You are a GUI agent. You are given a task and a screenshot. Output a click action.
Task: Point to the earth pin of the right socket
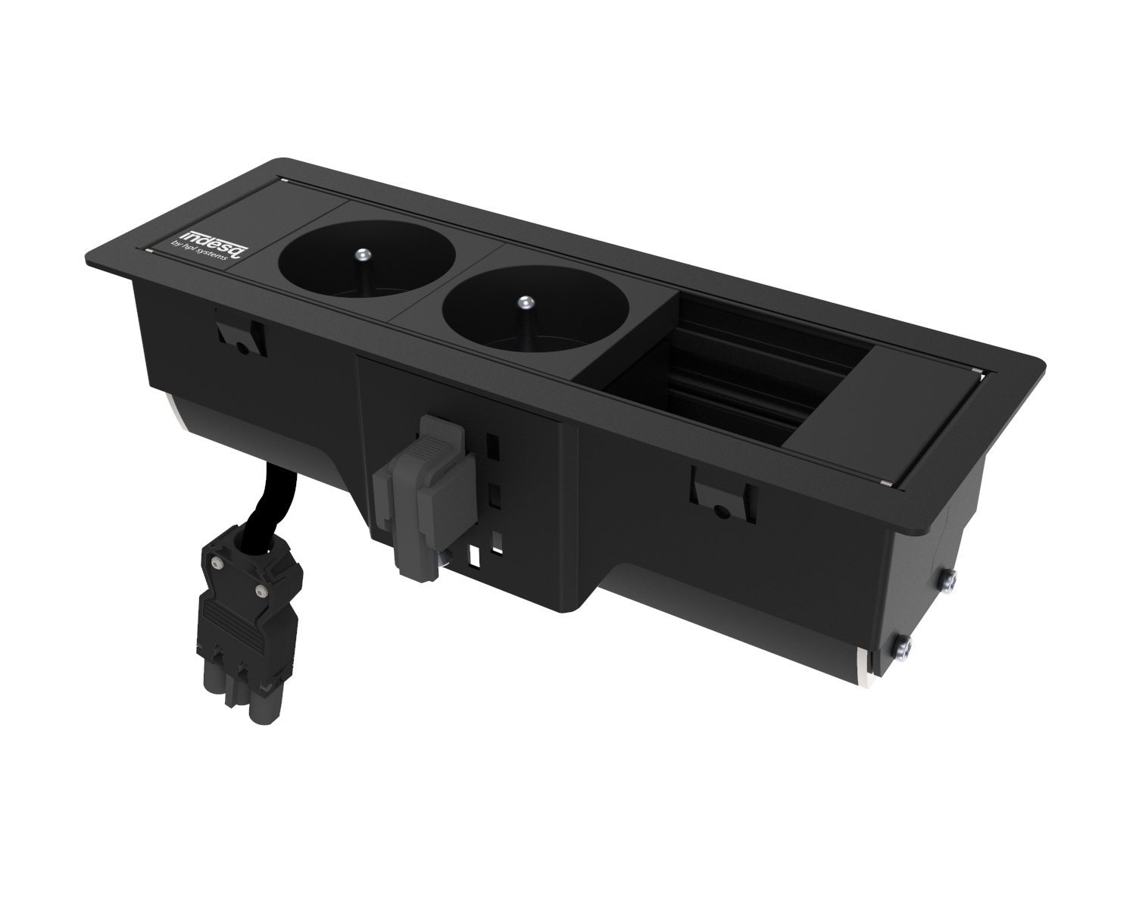[x=522, y=305]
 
